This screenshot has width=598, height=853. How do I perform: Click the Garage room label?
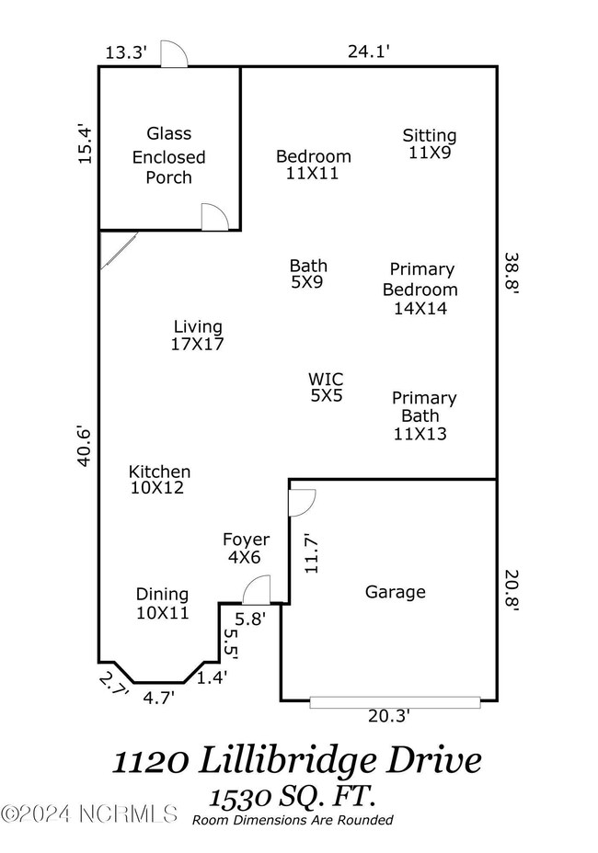[x=396, y=592]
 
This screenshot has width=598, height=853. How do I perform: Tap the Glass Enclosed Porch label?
[x=168, y=156]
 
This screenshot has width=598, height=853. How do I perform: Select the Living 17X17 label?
[x=198, y=336]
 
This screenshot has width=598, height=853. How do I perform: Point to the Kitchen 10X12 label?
[x=158, y=480]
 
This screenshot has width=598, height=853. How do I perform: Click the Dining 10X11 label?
[x=162, y=603]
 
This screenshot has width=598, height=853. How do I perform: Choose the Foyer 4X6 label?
[x=246, y=548]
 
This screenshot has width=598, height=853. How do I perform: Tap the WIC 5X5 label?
[x=326, y=387]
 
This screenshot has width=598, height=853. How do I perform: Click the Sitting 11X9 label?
[x=429, y=144]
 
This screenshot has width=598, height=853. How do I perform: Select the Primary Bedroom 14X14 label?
[x=420, y=289]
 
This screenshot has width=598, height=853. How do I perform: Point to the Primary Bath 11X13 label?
[x=423, y=415]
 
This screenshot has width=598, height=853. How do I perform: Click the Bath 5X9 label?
[x=307, y=274]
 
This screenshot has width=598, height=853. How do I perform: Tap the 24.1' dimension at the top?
[x=369, y=52]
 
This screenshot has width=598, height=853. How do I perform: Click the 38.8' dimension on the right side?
[x=512, y=273]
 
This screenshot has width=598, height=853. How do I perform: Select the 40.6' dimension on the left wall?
[x=85, y=446]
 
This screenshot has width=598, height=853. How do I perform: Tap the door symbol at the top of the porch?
[x=173, y=55]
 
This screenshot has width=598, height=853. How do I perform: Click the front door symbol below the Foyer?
[x=258, y=589]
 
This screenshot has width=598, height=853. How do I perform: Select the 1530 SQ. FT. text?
[x=296, y=795]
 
